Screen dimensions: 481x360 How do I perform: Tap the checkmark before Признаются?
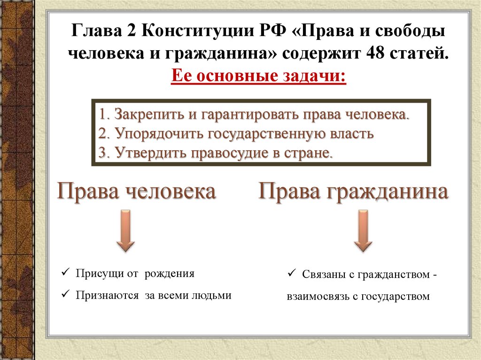pyautogui.click(x=65, y=295)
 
